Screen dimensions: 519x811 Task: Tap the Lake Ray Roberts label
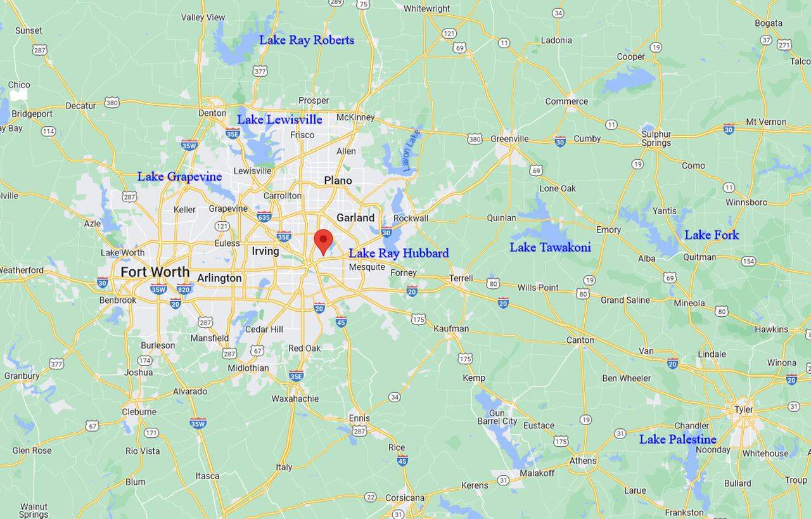pos(306,40)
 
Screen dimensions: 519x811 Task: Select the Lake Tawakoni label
pos(550,247)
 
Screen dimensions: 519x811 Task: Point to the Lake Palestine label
pos(677,439)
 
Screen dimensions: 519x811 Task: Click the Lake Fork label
pos(711,235)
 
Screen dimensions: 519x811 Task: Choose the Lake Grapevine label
pos(179,177)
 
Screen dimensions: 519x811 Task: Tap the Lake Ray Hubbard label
pos(399,253)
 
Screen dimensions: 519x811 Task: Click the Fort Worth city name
pos(155,272)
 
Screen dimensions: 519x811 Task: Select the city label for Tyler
pos(744,409)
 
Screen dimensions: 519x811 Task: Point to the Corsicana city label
pos(405,497)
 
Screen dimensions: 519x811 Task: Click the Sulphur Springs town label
pos(656,138)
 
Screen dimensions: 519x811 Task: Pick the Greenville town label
pos(509,139)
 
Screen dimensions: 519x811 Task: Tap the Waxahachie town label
pos(295,399)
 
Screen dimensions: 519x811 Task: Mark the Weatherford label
pos(21,270)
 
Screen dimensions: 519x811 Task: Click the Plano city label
pos(338,181)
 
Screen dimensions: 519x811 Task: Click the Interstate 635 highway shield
pos(264,217)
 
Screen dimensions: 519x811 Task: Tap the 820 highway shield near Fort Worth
pos(184,289)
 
